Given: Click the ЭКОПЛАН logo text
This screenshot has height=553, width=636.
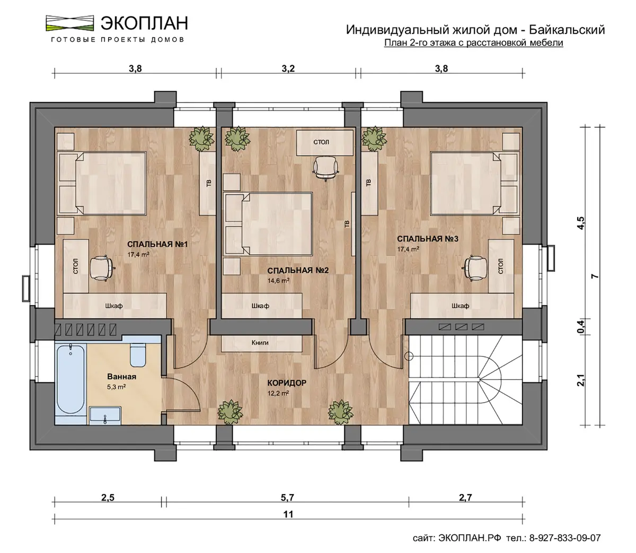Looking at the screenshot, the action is click(x=144, y=23).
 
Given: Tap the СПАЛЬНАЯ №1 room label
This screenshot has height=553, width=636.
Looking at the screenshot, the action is click(x=157, y=244).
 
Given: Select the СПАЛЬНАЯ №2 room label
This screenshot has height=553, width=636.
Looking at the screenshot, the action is click(x=298, y=271).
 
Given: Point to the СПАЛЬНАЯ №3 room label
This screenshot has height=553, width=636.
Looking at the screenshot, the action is click(x=427, y=239).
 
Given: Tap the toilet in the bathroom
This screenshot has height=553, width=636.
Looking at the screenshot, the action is click(x=138, y=355).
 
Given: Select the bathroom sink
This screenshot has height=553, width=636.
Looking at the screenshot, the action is click(x=105, y=416).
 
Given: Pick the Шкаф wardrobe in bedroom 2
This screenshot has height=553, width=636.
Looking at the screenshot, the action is click(x=261, y=306).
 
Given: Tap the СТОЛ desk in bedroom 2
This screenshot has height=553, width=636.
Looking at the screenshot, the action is click(x=324, y=143).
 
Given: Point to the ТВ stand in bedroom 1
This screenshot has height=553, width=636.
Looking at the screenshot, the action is click(x=208, y=183).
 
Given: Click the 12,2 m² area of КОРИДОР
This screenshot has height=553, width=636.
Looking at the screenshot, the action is click(x=278, y=393).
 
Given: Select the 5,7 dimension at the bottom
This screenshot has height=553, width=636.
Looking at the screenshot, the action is click(x=287, y=498).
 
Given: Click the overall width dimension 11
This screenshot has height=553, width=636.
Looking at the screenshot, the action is click(x=288, y=514).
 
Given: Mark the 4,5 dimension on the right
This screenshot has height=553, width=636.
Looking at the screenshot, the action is click(x=581, y=223).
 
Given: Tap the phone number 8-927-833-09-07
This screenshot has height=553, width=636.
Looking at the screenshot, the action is click(x=565, y=538).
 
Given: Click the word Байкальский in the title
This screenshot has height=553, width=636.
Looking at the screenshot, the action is click(x=567, y=30).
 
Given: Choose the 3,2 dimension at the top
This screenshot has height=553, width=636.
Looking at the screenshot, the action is click(x=288, y=68).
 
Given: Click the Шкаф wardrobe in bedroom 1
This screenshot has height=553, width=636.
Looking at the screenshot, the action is click(x=115, y=306).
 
